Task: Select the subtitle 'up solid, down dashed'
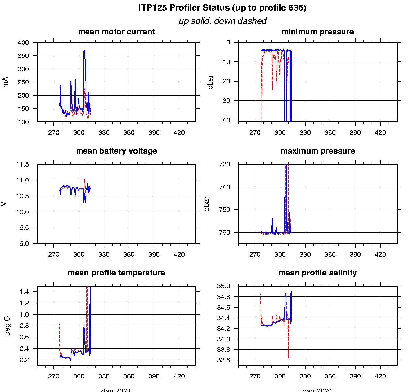point(222,21)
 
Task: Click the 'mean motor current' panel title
point(116,32)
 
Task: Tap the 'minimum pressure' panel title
point(317,32)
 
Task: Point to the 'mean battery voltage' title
point(116,151)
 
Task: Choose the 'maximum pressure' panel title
point(317,151)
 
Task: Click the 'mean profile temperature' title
point(116,273)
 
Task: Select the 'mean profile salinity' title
point(317,273)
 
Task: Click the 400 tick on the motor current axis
point(23,43)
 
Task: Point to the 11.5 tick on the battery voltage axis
point(23,164)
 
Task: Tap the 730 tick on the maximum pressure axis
point(225,164)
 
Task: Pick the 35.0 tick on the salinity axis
point(224,286)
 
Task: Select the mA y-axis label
point(6,82)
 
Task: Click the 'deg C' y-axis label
point(7,326)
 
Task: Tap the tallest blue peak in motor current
point(84,50)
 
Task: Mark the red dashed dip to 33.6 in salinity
point(288,358)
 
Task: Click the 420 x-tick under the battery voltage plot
point(179,255)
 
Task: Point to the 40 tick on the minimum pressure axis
point(226,120)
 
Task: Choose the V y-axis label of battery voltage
point(3,204)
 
